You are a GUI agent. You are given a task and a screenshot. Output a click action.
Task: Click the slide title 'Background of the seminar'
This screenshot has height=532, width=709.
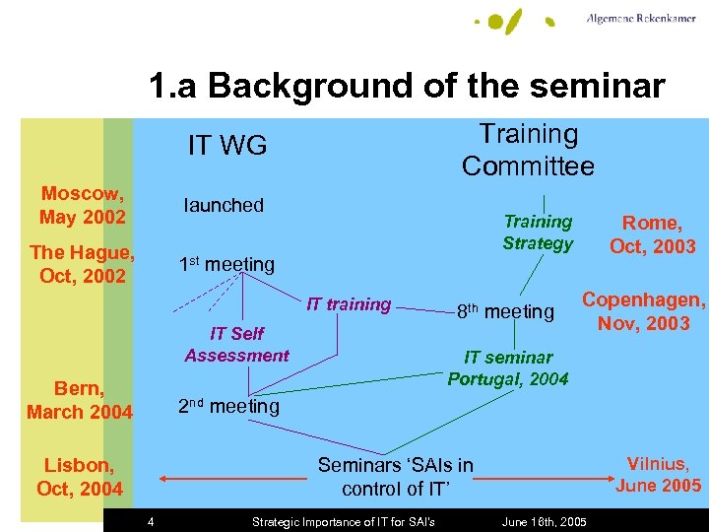click(x=407, y=87)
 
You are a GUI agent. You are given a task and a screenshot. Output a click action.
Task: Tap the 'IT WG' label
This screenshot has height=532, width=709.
click(x=227, y=146)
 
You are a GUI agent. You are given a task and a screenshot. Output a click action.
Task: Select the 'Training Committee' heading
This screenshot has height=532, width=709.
click(x=528, y=150)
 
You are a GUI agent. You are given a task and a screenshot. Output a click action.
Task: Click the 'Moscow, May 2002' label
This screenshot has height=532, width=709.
click(x=83, y=205)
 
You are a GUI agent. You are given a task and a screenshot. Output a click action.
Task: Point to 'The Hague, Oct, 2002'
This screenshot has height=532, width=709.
click(x=83, y=264)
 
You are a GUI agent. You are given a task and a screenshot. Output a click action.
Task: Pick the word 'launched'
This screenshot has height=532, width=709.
click(x=224, y=205)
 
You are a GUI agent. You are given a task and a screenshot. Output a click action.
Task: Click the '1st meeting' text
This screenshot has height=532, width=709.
click(x=226, y=264)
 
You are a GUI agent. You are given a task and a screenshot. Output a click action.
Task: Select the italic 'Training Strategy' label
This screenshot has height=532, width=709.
click(x=538, y=233)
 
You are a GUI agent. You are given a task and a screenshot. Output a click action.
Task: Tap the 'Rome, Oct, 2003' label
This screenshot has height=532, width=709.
click(x=652, y=234)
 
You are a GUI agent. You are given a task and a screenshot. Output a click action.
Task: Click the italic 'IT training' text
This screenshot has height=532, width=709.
click(x=349, y=304)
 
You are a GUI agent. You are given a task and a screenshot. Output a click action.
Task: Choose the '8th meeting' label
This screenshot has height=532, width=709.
click(x=504, y=312)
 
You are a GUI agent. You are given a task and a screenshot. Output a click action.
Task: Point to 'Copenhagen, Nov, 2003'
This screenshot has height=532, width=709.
click(x=644, y=311)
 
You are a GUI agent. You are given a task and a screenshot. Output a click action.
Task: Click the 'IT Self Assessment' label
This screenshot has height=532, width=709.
click(x=236, y=345)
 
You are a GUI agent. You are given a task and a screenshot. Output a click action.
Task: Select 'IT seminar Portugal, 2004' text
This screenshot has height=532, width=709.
click(x=508, y=368)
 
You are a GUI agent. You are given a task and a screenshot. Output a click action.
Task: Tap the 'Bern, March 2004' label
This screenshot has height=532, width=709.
click(x=80, y=400)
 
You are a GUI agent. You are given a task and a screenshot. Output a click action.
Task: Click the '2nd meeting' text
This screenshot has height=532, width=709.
click(x=227, y=406)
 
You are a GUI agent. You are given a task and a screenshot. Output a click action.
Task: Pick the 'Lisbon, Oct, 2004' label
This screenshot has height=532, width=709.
click(x=80, y=477)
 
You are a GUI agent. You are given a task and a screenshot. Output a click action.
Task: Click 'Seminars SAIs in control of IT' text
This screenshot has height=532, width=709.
click(x=395, y=477)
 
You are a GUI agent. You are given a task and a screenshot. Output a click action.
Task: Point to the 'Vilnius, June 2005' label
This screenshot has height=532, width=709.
click(x=658, y=474)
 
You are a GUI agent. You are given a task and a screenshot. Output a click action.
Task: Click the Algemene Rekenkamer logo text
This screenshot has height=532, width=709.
click(x=640, y=19)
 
